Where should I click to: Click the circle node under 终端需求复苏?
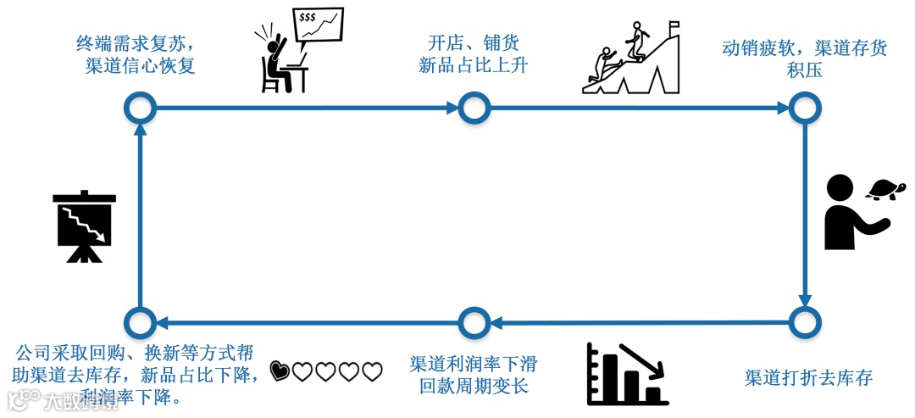(140, 108)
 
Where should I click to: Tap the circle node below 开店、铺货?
(474, 108)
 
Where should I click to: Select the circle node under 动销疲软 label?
(805, 108)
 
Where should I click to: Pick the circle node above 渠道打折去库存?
(805, 322)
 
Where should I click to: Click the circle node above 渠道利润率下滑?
(474, 323)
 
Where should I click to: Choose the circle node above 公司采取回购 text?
(140, 323)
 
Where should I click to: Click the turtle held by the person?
(886, 190)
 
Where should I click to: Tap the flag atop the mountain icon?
(674, 27)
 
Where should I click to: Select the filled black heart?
(280, 371)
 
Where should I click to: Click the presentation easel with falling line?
(84, 226)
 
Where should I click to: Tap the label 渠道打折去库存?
(808, 377)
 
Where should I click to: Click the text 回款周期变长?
(474, 387)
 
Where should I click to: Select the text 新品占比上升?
(474, 65)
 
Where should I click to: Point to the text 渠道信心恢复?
(140, 65)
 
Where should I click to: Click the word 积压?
(805, 70)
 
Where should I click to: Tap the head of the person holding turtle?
(840, 188)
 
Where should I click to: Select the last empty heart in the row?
(373, 371)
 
